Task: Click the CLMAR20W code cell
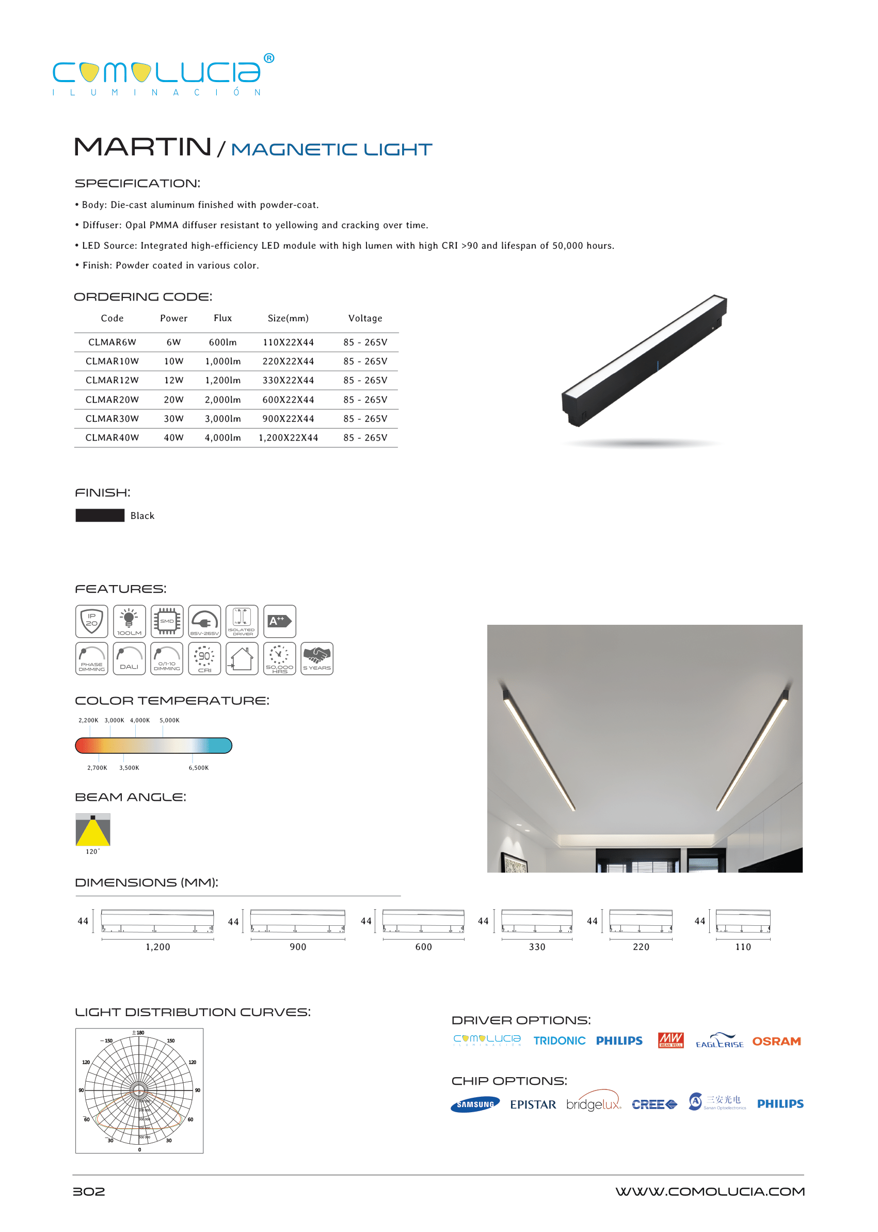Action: pos(112,400)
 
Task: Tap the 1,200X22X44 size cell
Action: pos(288,437)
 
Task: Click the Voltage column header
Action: pos(365,318)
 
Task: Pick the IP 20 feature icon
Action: pos(91,621)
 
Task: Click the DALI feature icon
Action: pos(129,658)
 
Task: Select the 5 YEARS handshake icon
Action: pos(317,658)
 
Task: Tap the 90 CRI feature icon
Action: pos(204,658)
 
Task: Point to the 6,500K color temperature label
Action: pos(198,767)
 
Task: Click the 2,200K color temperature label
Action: pos(88,720)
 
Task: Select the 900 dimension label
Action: pos(298,946)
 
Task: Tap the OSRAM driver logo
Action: pos(776,1041)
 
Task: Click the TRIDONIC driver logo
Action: pos(559,1040)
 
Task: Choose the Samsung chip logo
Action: pos(475,1104)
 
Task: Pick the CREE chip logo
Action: pos(654,1104)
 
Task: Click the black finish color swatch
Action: pos(100,515)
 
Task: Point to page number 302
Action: pos(89,1191)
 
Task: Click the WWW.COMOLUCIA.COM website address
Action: pos(710,1191)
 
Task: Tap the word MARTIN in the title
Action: pos(142,147)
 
